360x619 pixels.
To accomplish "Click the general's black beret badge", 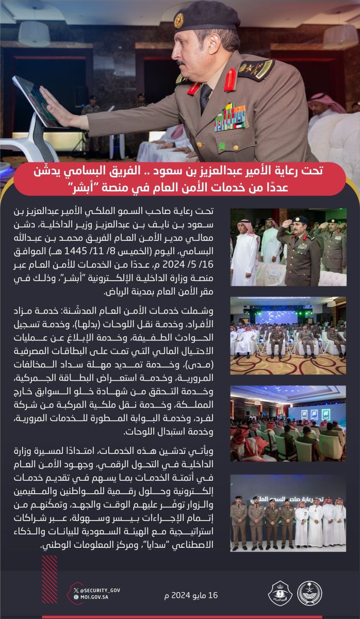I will pos(179,21).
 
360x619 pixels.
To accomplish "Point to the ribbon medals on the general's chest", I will pos(232,118).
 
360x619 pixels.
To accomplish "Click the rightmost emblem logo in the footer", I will pos(309,593).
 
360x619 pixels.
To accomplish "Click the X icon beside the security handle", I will pos(76,590).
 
